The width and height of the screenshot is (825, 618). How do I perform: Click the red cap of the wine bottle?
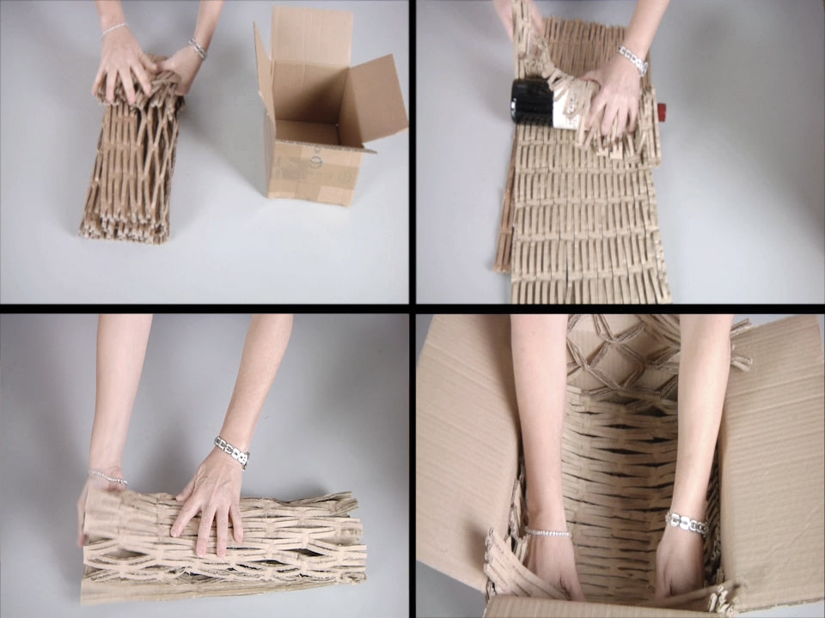pos(662,111)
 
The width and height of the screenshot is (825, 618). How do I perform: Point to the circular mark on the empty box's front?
pos(315,158)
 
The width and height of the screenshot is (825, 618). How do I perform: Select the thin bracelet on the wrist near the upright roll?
pos(113,29)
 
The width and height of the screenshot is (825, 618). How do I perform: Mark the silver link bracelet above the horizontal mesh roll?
pos(231,452)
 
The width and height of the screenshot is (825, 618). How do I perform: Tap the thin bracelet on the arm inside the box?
pos(547,533)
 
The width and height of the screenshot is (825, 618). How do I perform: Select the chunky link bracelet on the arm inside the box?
pos(686,523)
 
